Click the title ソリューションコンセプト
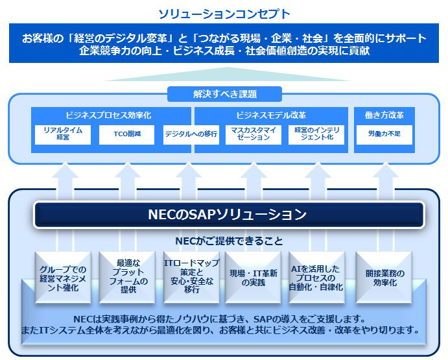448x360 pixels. click(224, 13)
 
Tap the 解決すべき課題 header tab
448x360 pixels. click(224, 94)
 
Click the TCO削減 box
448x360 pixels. click(127, 134)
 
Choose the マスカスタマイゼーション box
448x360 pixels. click(254, 134)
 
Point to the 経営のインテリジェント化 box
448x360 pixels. click(318, 134)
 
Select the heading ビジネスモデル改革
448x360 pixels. click(271, 115)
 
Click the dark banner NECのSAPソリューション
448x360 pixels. click(228, 214)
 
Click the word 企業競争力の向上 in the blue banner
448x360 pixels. click(117, 50)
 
